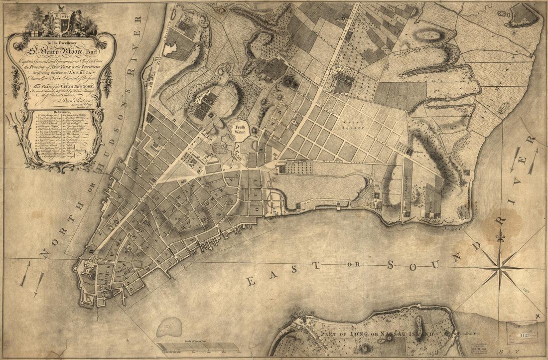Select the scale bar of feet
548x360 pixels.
[197, 346]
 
